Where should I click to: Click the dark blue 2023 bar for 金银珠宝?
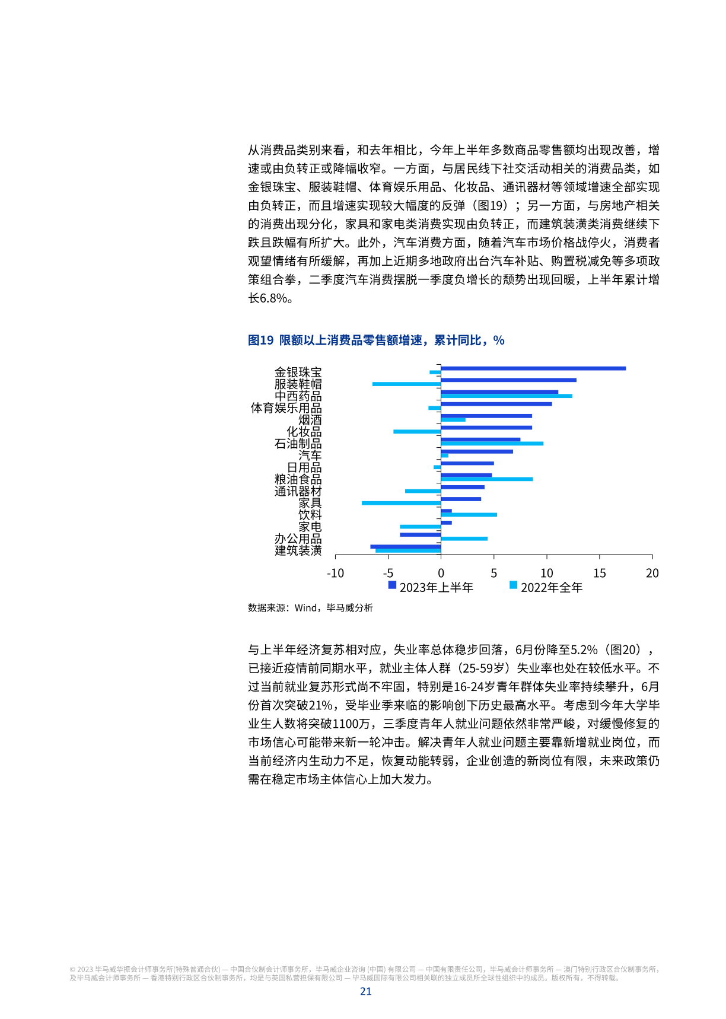coord(533,368)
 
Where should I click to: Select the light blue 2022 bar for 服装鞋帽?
coord(406,384)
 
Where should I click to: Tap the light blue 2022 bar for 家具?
coord(401,503)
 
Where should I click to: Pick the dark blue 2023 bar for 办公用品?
coord(420,534)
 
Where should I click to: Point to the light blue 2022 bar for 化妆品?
coord(416,431)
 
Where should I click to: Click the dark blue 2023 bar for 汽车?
coord(476,451)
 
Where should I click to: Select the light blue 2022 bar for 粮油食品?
coord(486,479)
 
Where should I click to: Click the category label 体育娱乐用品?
coord(286,408)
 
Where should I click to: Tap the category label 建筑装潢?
coord(298,550)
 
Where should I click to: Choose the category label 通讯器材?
coord(298,491)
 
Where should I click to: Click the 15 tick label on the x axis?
coord(599,573)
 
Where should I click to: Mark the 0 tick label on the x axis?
coord(441,573)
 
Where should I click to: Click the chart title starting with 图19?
coord(376,340)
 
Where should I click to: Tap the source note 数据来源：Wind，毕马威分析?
coord(310,607)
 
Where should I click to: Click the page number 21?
coord(365,991)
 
